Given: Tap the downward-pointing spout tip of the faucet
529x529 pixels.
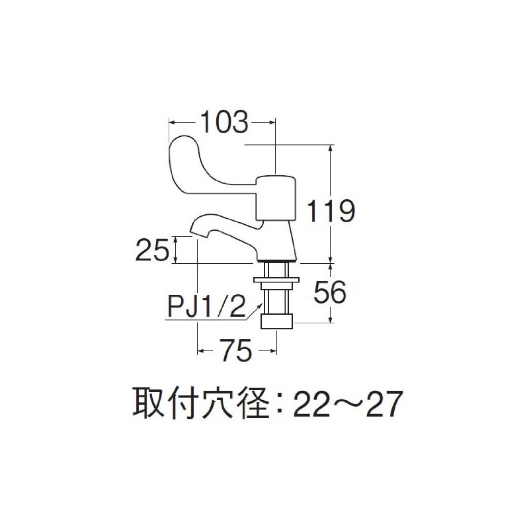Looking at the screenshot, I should pos(197,229).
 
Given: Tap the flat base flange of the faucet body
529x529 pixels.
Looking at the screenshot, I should pos(278,258).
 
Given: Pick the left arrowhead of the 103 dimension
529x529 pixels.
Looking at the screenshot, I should pos(172,122).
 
